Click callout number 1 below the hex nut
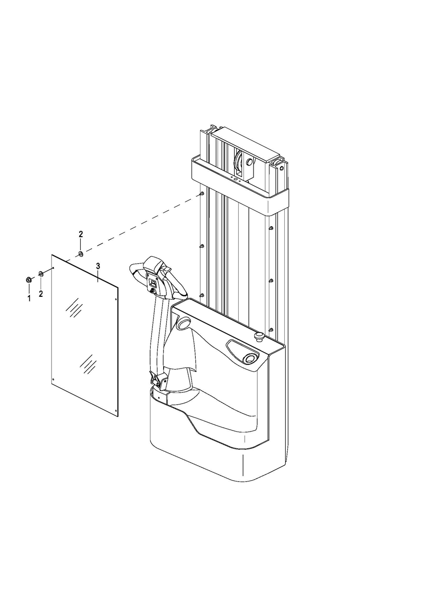(29, 298)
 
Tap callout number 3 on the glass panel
(98, 266)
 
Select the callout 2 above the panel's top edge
(81, 234)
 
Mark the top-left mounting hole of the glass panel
(54, 268)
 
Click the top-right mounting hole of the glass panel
(116, 299)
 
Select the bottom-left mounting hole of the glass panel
(53, 379)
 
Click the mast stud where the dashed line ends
(202, 194)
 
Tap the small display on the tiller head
(153, 283)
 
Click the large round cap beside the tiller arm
(183, 323)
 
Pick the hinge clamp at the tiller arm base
(158, 379)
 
